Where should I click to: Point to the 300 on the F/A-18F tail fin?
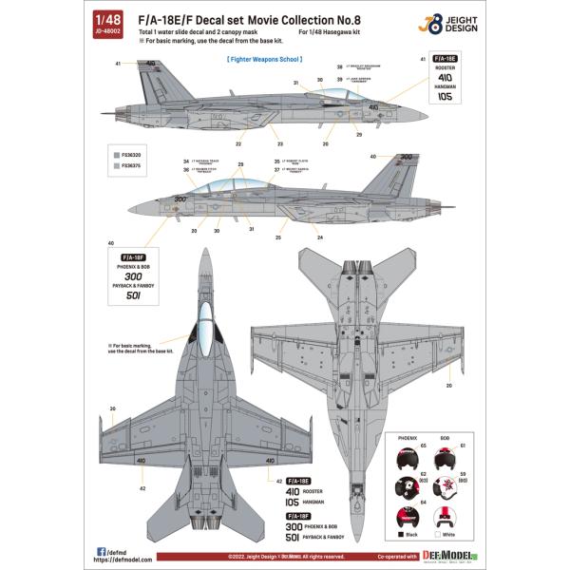click(x=407, y=159)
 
